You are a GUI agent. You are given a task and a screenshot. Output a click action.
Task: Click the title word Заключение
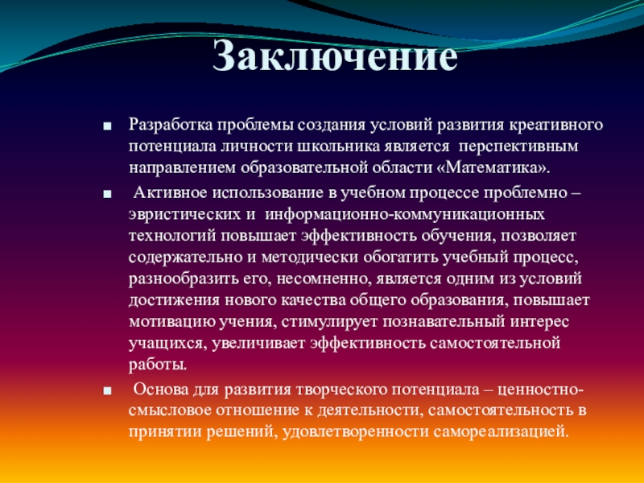pyautogui.click(x=335, y=56)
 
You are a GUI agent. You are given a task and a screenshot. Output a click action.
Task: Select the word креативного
pyautogui.click(x=556, y=125)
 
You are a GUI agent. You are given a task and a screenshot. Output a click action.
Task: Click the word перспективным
pyautogui.click(x=518, y=147)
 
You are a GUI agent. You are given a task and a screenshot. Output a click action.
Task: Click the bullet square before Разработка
pyautogui.click(x=108, y=126)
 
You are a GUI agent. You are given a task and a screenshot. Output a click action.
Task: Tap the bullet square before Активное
pyautogui.click(x=108, y=194)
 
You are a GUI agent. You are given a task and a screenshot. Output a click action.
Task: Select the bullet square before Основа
pyautogui.click(x=108, y=390)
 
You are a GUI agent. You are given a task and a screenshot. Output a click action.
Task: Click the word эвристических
pyautogui.click(x=184, y=215)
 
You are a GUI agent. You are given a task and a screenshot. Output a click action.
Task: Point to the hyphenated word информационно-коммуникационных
pyautogui.click(x=405, y=214)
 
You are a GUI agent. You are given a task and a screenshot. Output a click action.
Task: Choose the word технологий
pyautogui.click(x=172, y=236)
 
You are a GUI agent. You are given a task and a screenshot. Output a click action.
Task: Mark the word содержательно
pyautogui.click(x=185, y=258)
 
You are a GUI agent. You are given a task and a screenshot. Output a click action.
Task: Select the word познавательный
pyautogui.click(x=444, y=321)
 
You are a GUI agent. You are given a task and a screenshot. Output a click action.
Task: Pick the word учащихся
pyautogui.click(x=167, y=344)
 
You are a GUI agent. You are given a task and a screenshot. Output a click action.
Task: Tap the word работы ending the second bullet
pyautogui.click(x=158, y=365)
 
